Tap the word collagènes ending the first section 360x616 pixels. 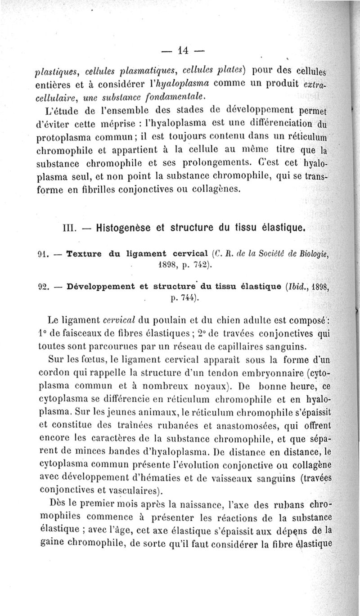219,189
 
